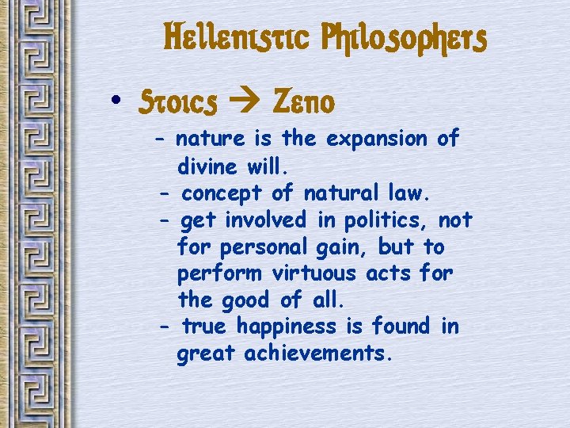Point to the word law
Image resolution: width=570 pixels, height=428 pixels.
[x=414, y=193]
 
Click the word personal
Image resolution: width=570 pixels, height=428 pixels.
[x=258, y=246]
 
